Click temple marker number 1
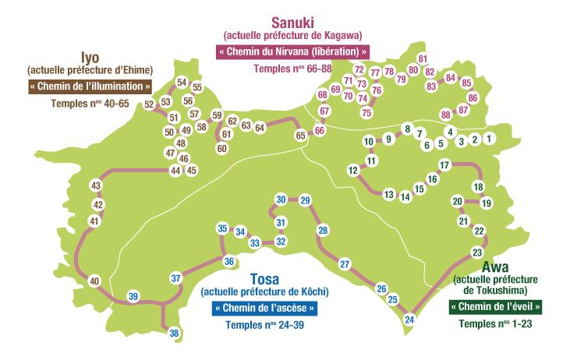[489, 139]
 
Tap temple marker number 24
[409, 318]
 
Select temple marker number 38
[174, 334]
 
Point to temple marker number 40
[94, 281]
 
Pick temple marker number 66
[319, 132]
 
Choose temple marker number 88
[445, 115]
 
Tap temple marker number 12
[352, 170]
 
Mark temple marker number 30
[281, 200]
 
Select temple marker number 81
[423, 59]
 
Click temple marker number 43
[97, 186]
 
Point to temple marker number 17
[444, 165]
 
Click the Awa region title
[496, 267]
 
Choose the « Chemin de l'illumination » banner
[90, 86]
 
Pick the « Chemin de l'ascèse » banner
[265, 308]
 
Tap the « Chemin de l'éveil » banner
[495, 307]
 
